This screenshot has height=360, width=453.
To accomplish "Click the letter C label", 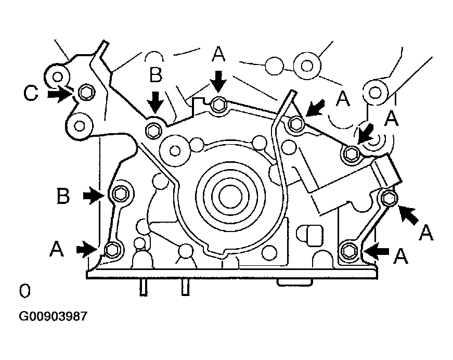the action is pyautogui.click(x=31, y=93).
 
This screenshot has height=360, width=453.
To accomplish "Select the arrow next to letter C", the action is pyautogui.click(x=59, y=94).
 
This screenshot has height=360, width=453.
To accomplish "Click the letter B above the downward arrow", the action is pyautogui.click(x=156, y=74).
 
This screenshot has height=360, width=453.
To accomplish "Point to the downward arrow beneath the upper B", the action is pyautogui.click(x=156, y=102).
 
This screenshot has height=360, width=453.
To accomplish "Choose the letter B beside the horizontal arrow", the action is pyautogui.click(x=63, y=196).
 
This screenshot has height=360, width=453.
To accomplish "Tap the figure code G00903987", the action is pyautogui.click(x=53, y=316).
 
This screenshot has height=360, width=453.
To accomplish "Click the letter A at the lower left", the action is pyautogui.click(x=57, y=249).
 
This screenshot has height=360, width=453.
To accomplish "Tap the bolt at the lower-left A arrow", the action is pyautogui.click(x=111, y=249).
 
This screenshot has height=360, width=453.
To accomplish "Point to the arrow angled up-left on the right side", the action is pyautogui.click(x=408, y=215).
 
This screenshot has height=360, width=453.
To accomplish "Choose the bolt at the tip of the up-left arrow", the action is pyautogui.click(x=389, y=198).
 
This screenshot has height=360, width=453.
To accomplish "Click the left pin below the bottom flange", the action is pyautogui.click(x=144, y=288).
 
